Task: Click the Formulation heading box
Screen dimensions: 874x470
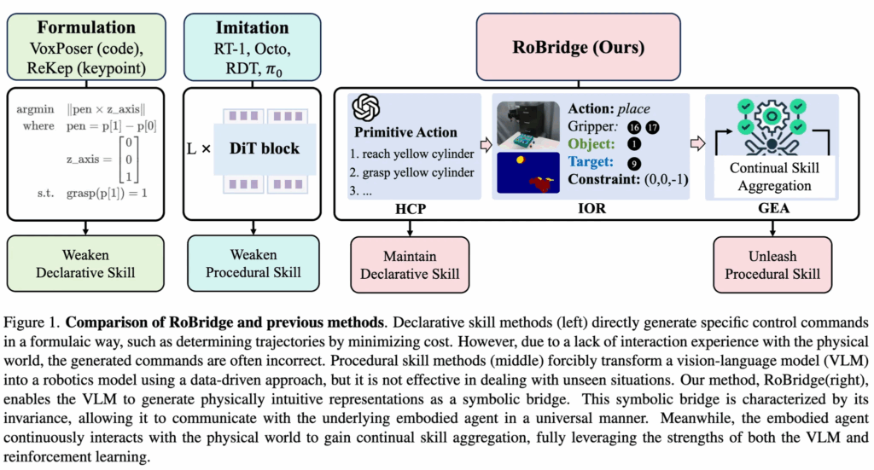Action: [x=86, y=47]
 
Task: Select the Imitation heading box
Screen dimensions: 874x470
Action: [x=253, y=47]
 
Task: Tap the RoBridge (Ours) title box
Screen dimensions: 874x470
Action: [x=579, y=47]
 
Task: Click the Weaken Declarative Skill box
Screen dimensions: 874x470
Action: [x=85, y=264]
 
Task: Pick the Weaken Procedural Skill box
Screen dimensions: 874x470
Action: [x=253, y=264]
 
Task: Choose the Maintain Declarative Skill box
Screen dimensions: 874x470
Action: [x=410, y=265]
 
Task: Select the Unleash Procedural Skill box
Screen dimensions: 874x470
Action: [x=772, y=265]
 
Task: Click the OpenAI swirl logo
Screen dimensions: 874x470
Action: [x=365, y=108]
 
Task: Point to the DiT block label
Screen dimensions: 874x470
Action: [x=265, y=148]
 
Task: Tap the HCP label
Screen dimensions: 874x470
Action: [x=411, y=209]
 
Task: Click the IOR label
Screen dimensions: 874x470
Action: [x=591, y=208]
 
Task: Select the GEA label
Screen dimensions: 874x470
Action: [x=773, y=208]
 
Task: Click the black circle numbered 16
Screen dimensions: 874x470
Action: [x=634, y=127]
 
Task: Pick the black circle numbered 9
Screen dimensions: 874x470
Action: [x=634, y=164]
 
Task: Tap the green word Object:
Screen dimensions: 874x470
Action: [x=591, y=143]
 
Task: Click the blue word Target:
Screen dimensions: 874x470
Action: [x=591, y=161]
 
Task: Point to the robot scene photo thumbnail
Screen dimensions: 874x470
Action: [x=528, y=125]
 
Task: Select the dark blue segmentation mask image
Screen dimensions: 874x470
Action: [x=528, y=173]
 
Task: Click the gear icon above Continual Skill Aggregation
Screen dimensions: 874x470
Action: [x=772, y=116]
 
